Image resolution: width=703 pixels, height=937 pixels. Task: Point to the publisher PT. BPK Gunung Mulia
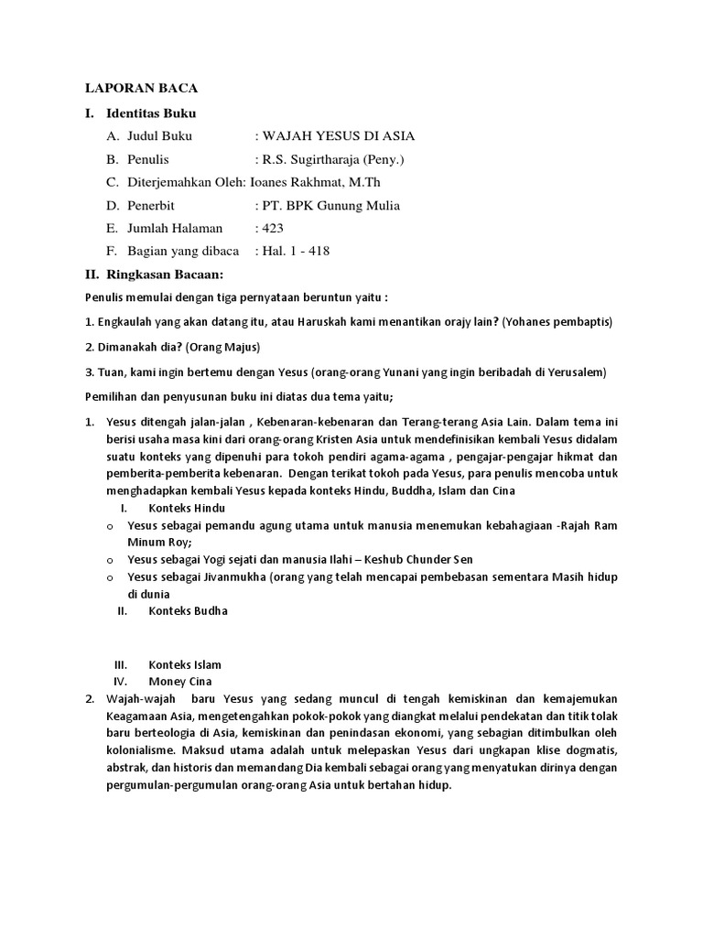point(331,205)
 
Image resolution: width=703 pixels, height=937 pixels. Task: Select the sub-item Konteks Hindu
point(186,508)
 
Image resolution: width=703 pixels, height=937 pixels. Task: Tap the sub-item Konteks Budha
point(188,610)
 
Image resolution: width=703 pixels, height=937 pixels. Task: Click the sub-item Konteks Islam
point(184,664)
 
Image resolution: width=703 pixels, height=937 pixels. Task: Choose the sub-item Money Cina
point(179,682)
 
